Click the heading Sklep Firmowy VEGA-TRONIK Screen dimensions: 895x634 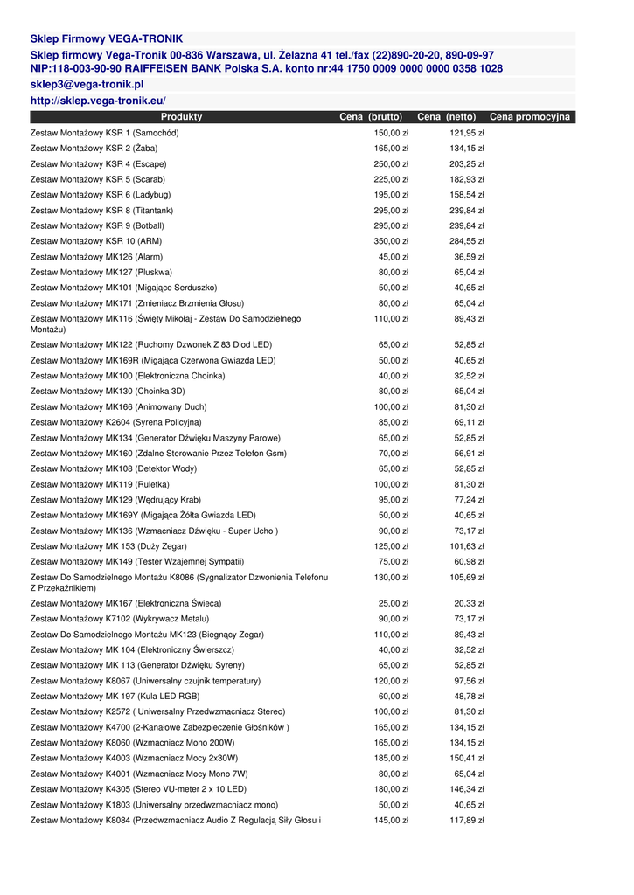[x=107, y=39]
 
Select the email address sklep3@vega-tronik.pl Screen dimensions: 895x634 [x=87, y=85]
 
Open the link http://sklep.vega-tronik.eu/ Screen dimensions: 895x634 [x=98, y=101]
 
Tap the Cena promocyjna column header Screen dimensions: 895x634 [x=529, y=117]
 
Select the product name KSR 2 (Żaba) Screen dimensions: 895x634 [x=94, y=149]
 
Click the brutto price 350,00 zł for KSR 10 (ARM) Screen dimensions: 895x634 [x=391, y=241]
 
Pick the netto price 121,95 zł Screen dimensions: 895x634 [x=467, y=133]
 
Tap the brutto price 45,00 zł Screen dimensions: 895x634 [x=394, y=257]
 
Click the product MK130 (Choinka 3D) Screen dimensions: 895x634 [x=108, y=392]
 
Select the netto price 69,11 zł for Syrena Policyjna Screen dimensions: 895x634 [x=469, y=422]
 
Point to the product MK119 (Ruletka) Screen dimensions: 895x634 [x=100, y=484]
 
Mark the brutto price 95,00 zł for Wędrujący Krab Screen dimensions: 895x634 [x=394, y=500]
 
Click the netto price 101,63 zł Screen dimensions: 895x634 [x=467, y=546]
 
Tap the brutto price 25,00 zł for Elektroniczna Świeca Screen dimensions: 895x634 [x=394, y=603]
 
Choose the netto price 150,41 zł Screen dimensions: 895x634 [x=467, y=758]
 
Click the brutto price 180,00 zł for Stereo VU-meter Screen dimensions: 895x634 [x=391, y=789]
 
